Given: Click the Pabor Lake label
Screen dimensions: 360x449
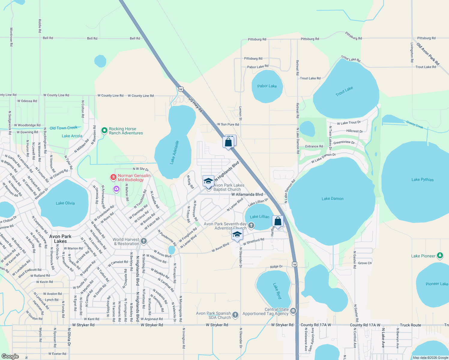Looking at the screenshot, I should (x=267, y=86).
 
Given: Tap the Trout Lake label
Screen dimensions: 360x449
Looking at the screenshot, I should (x=344, y=91).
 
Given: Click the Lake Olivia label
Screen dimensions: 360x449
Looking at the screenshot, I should (x=65, y=203).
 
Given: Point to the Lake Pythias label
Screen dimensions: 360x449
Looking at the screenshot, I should (x=422, y=180).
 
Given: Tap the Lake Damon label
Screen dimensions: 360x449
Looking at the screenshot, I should (x=332, y=199).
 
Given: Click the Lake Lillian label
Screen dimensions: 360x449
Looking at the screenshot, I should (x=260, y=217).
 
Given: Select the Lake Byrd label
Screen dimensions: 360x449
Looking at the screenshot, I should (x=277, y=291).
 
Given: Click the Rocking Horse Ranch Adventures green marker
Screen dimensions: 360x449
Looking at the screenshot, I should (x=104, y=130).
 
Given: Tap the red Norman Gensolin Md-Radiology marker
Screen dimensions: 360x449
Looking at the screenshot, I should (x=113, y=177).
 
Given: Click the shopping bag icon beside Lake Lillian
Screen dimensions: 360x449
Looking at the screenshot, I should (x=278, y=221).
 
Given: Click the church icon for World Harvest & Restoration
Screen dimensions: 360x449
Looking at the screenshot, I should (x=144, y=241).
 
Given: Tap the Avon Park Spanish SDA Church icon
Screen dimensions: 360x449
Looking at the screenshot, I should (x=235, y=315).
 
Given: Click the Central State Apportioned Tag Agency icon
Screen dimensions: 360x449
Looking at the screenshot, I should (x=293, y=311).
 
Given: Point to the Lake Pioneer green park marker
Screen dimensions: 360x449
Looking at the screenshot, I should (x=440, y=256).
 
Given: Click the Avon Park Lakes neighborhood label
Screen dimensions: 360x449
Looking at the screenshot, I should (x=60, y=239).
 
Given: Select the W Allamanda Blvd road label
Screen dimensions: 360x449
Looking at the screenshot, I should (x=247, y=194).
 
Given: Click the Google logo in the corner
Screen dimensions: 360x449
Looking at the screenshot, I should (x=10, y=356).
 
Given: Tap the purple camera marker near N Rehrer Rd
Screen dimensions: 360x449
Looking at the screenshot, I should (x=116, y=189).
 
